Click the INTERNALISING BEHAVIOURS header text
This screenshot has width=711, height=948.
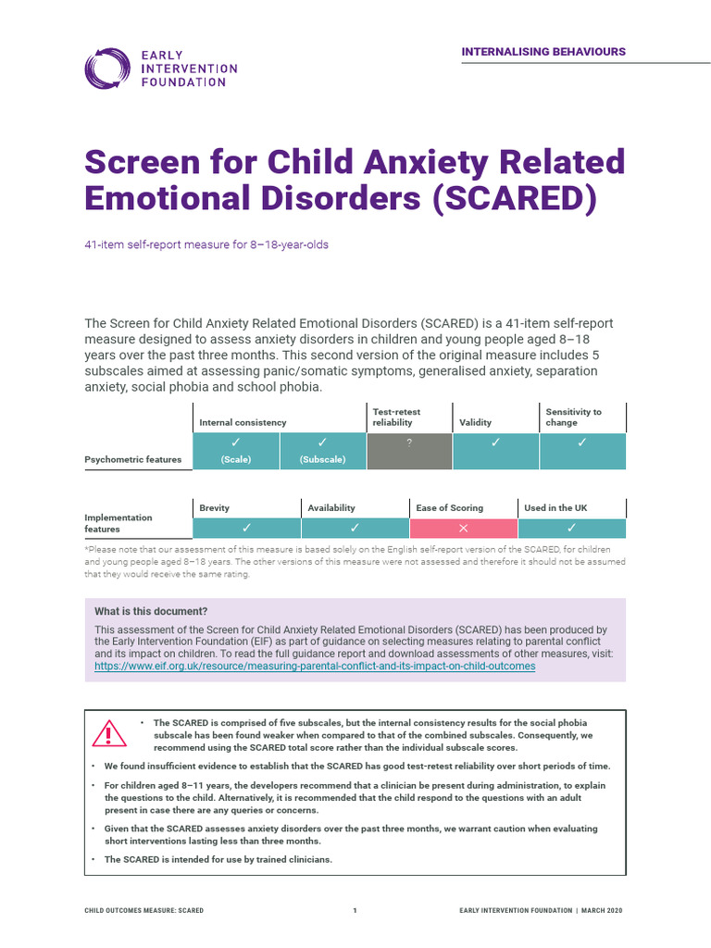[x=543, y=52]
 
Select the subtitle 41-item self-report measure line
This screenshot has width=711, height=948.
[x=206, y=245]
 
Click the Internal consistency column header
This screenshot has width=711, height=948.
[x=243, y=422]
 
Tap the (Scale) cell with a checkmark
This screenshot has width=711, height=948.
[x=235, y=451]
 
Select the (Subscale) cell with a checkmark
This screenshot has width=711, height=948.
[x=322, y=451]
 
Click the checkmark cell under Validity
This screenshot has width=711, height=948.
[x=495, y=451]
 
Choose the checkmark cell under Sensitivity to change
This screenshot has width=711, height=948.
[x=582, y=451]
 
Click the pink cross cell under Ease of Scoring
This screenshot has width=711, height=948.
[x=463, y=529]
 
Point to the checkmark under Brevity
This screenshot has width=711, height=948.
[x=246, y=529]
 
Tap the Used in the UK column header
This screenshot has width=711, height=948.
[x=555, y=507]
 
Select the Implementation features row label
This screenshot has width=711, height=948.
[x=118, y=523]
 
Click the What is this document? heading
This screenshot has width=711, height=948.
[x=151, y=611]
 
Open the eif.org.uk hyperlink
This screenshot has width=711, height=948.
[x=315, y=667]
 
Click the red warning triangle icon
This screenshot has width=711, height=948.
[x=109, y=734]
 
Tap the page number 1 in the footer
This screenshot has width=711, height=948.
[x=355, y=911]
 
